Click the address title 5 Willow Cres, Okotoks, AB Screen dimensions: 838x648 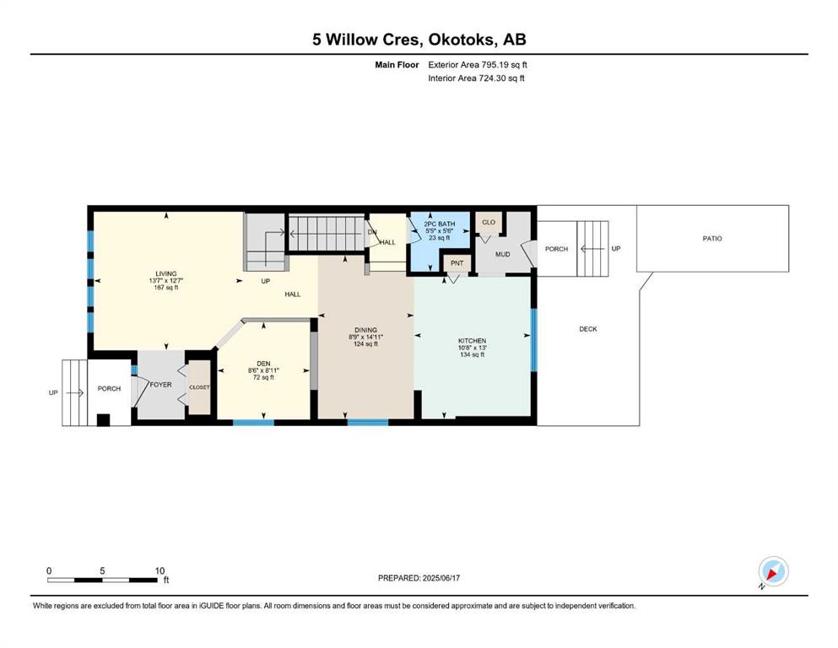click(x=419, y=40)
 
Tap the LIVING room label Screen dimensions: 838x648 click(x=166, y=273)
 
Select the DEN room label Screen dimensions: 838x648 click(x=263, y=364)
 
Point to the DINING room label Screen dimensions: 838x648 click(x=365, y=330)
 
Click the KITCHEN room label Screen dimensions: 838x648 click(x=473, y=341)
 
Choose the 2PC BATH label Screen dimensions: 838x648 click(x=440, y=224)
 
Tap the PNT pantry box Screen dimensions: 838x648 click(x=457, y=263)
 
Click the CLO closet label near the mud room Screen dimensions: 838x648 click(x=489, y=222)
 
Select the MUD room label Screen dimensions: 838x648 click(x=502, y=254)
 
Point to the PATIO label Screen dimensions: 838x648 click(x=712, y=239)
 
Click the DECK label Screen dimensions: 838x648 click(x=588, y=329)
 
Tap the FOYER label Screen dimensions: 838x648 click(x=161, y=385)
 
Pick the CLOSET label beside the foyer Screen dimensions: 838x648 click(x=199, y=387)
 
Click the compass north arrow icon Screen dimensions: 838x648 click(x=773, y=571)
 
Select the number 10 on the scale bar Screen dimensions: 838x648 click(x=159, y=570)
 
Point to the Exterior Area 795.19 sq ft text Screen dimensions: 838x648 click(x=478, y=65)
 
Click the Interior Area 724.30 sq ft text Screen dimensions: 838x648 click(x=476, y=78)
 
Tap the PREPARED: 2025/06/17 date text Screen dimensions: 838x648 click(x=419, y=578)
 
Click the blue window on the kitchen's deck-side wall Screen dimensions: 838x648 click(x=533, y=340)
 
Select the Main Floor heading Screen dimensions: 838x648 click(x=397, y=65)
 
